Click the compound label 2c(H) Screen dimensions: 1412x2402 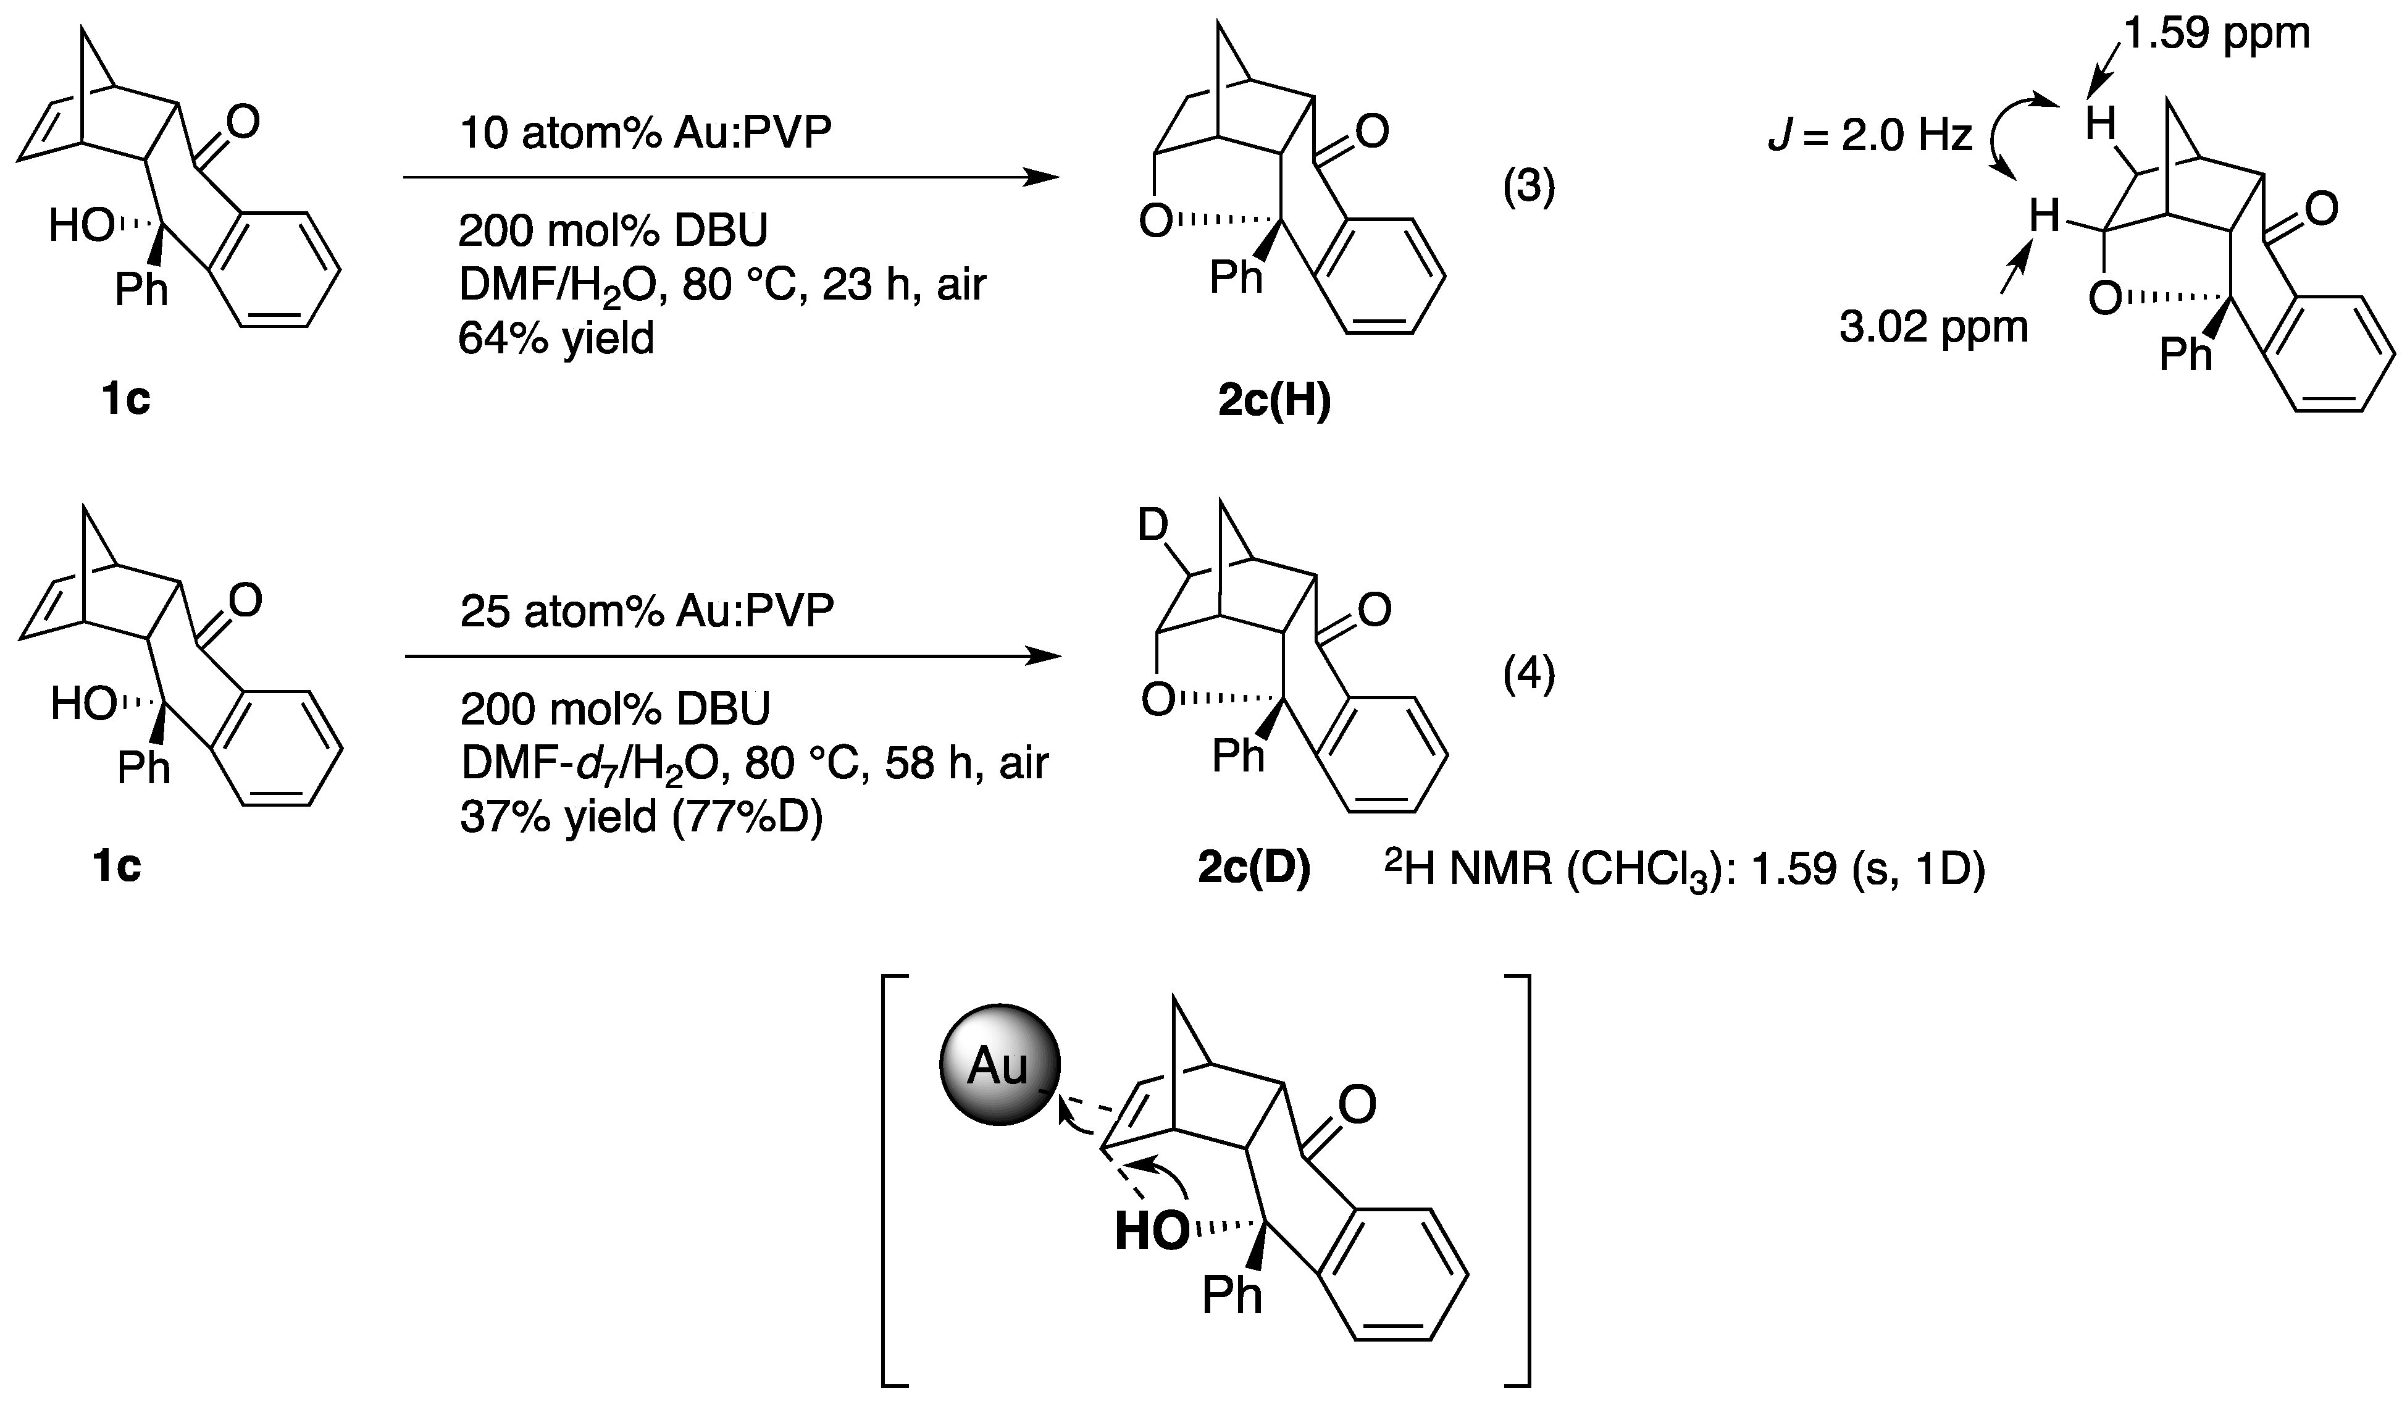(1274, 402)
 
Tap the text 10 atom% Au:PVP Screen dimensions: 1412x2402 (645, 133)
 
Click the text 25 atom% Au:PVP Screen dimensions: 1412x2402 (647, 611)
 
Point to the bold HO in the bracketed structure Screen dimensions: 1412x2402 (1150, 1232)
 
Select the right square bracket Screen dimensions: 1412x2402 (1520, 1191)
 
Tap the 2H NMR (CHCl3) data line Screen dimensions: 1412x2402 (1684, 870)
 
